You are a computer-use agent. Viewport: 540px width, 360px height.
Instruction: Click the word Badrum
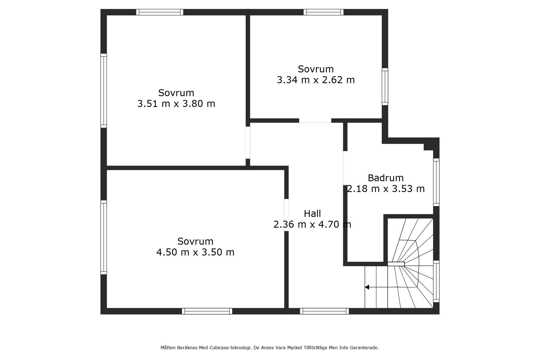pos(386,178)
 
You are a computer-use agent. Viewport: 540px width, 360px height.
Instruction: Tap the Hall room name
pos(312,214)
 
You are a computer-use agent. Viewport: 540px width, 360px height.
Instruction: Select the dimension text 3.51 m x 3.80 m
pos(176,104)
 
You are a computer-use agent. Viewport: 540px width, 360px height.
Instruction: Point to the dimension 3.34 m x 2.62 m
pos(316,80)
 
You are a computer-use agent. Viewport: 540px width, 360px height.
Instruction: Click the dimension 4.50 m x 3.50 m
pos(195,252)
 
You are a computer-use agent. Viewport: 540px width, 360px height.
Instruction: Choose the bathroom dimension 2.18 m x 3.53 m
pos(386,189)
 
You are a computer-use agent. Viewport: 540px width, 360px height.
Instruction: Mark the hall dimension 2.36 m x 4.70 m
pos(312,224)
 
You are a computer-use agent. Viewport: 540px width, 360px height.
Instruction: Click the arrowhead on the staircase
pos(367,287)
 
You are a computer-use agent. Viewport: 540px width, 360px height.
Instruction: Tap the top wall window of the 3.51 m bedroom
pos(160,12)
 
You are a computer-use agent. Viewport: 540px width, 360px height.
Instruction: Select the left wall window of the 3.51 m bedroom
pos(104,90)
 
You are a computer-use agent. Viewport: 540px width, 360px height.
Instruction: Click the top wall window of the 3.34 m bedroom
pos(323,12)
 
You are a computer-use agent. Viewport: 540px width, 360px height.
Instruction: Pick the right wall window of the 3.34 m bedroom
pos(385,86)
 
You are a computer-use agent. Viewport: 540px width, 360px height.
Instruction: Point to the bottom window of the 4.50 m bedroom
pos(207,311)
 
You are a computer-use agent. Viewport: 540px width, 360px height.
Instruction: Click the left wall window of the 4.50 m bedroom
pos(104,237)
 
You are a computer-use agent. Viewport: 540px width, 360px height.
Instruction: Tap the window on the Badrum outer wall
pos(436,182)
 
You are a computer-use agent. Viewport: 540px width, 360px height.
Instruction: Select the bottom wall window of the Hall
pos(324,311)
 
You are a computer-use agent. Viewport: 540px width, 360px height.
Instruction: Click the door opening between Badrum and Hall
pos(345,168)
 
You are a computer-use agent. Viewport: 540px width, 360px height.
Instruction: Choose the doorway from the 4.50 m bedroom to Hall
pos(286,215)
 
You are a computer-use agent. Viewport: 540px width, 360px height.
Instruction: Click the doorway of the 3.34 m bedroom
pos(315,121)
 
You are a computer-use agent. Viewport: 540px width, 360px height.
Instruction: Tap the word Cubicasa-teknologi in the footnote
pos(230,348)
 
